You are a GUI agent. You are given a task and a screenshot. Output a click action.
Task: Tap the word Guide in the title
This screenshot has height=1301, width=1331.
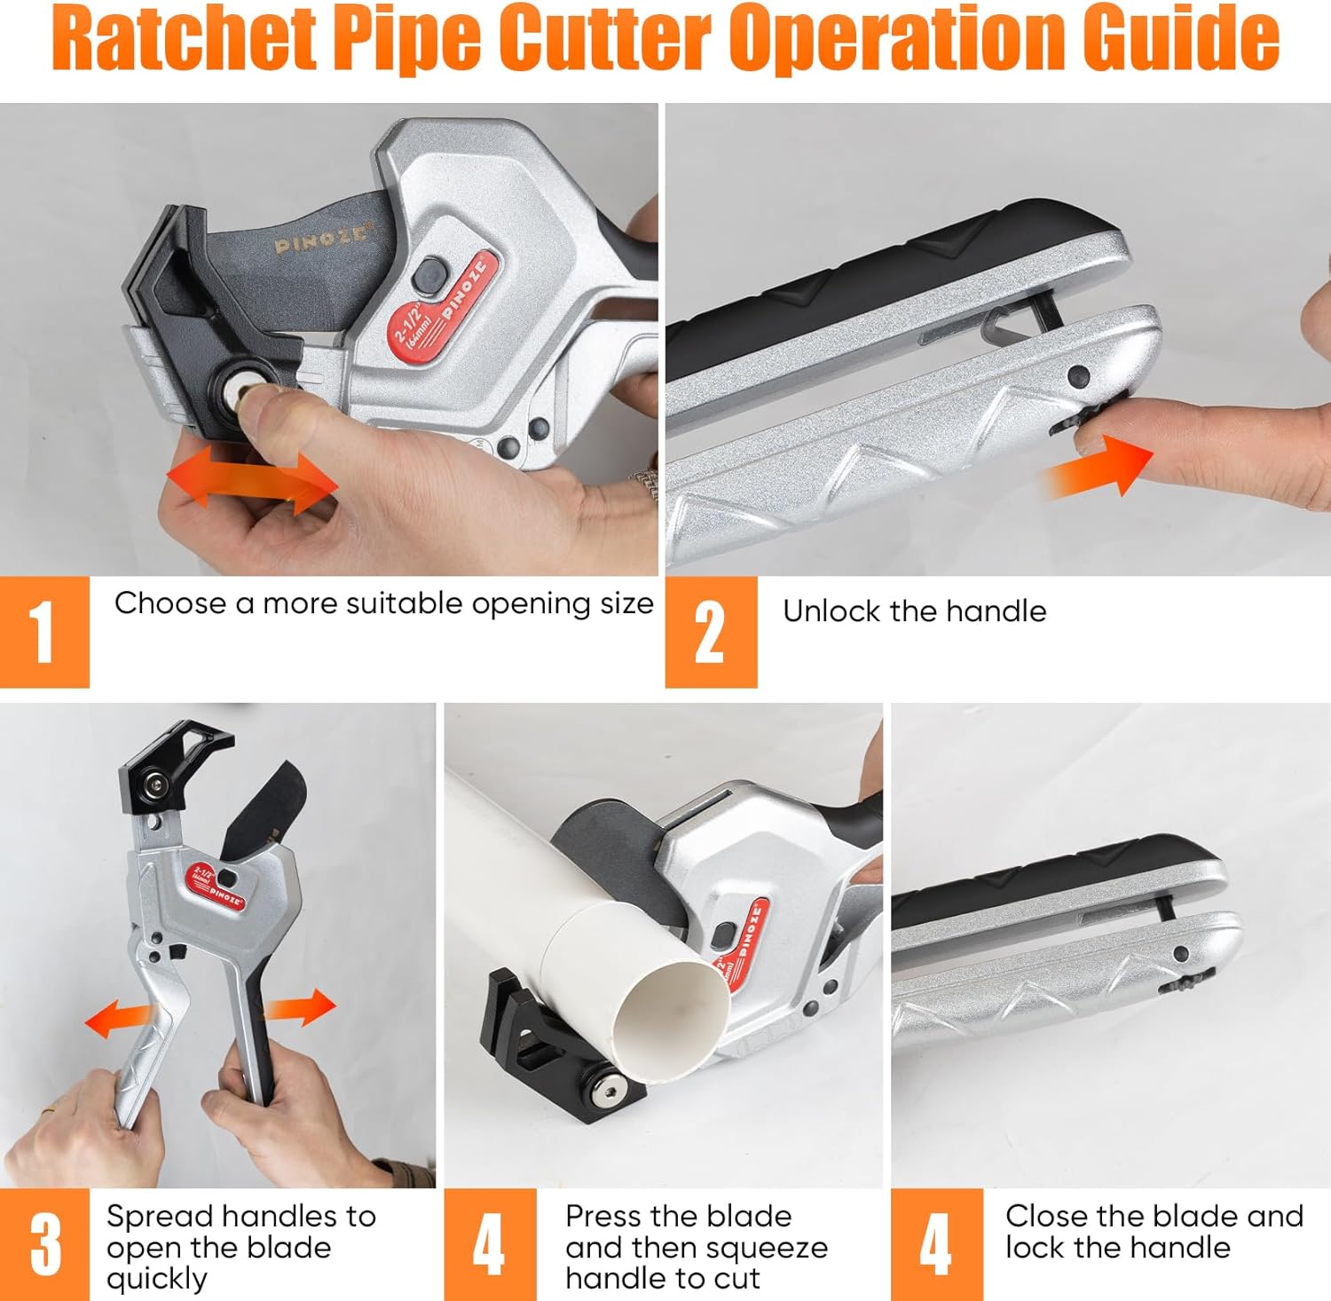click(1189, 39)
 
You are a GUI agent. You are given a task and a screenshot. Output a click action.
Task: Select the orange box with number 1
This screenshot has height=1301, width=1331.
click(44, 632)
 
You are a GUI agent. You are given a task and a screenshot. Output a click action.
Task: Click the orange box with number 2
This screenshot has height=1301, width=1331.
click(711, 632)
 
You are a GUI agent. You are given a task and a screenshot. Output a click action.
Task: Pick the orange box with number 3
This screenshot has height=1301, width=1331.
click(44, 1245)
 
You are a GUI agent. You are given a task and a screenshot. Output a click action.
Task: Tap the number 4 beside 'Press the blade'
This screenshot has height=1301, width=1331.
click(490, 1245)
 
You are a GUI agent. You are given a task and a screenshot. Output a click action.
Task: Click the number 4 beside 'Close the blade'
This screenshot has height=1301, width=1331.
click(937, 1245)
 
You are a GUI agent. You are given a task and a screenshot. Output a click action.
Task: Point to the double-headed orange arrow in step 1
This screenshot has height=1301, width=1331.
click(253, 480)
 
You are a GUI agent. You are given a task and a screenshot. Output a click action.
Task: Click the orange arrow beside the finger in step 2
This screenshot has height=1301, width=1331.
click(1099, 466)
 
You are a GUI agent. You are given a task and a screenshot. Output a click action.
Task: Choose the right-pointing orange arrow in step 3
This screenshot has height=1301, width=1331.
click(300, 1007)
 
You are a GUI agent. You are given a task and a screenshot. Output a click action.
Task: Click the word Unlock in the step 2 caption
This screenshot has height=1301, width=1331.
click(831, 611)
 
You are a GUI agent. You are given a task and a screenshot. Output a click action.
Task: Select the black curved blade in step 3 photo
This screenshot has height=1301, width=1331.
click(260, 812)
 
